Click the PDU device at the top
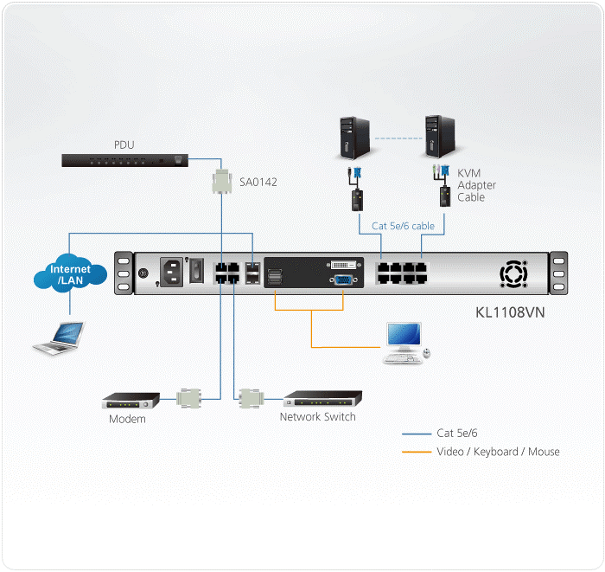click(124, 160)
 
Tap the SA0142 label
click(258, 182)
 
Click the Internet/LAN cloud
click(70, 275)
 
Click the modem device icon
click(131, 401)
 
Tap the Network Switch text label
click(317, 417)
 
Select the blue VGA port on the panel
click(342, 280)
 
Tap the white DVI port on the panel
click(341, 262)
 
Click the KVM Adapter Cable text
click(476, 185)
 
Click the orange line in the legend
click(417, 452)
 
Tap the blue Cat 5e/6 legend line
click(417, 433)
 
